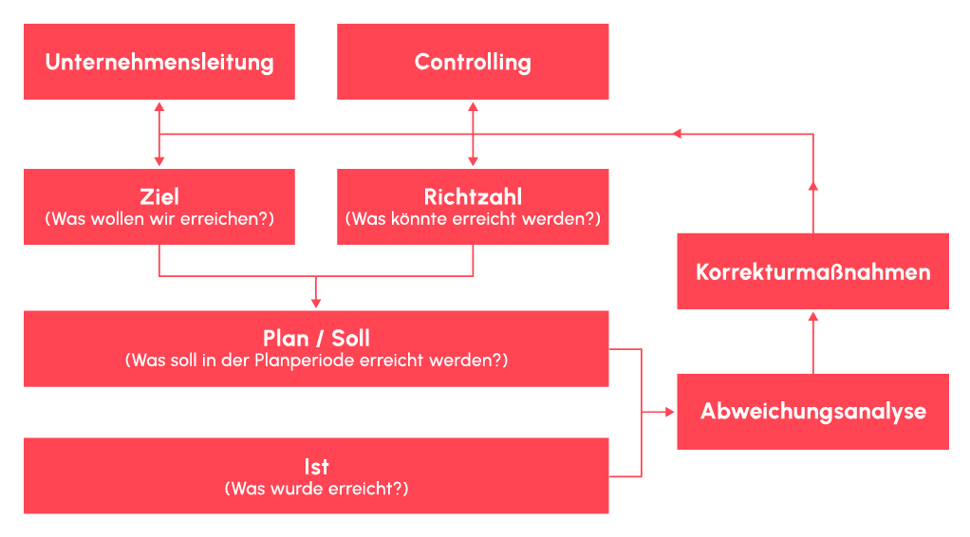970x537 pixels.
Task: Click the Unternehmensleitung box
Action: click(159, 62)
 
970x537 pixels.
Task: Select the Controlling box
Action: click(473, 62)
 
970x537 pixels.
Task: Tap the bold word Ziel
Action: click(159, 197)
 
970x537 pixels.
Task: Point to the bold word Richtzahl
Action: click(473, 197)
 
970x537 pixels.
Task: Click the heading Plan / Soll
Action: click(316, 339)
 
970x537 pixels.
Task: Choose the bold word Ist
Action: click(316, 467)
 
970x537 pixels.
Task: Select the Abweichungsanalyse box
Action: click(812, 412)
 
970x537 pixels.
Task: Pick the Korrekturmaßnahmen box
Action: click(812, 271)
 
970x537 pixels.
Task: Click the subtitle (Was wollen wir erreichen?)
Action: click(159, 219)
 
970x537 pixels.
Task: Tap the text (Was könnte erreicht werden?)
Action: click(473, 219)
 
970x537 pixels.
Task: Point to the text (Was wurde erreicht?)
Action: click(316, 490)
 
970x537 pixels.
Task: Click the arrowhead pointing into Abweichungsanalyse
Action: click(671, 412)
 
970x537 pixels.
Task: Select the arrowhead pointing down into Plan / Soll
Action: click(316, 304)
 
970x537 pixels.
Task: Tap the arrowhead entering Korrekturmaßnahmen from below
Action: click(812, 316)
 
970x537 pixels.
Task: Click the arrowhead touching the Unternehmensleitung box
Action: click(159, 105)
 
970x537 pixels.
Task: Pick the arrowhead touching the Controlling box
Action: click(473, 105)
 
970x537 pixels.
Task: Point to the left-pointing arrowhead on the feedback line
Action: click(677, 134)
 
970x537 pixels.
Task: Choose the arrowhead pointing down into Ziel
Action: click(159, 163)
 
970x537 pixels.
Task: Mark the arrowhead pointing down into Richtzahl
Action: click(473, 163)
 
